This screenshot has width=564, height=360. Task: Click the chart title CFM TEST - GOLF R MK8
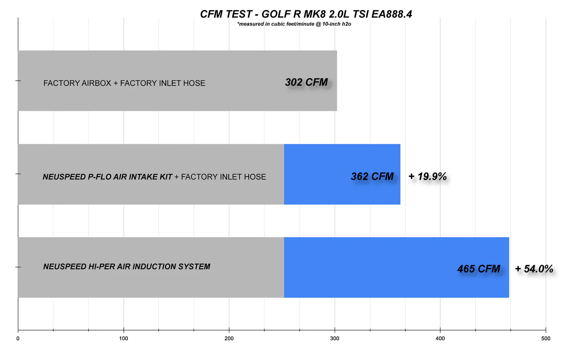coord(306,14)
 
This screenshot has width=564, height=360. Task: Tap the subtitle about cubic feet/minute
coord(294,24)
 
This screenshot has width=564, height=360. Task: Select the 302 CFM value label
coord(306,82)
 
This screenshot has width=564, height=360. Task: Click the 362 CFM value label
coord(372,176)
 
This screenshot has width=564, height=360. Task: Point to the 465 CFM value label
coord(478,269)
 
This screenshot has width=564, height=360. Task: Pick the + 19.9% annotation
coord(428,176)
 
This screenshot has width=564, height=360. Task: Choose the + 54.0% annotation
coord(534,269)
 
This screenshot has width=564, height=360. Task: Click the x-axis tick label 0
coord(18,338)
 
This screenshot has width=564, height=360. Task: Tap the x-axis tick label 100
coord(123,338)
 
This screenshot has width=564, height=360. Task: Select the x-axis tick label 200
coord(229,338)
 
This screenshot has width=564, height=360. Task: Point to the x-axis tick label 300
coord(335,338)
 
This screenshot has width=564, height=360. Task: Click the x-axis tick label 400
coord(440,338)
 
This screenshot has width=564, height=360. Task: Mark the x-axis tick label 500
coord(546,338)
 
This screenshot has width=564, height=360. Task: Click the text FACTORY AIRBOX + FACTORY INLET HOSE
coord(124,83)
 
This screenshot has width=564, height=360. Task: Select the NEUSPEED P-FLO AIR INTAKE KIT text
coord(107,177)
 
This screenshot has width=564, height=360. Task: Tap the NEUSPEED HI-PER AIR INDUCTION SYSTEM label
coord(126,267)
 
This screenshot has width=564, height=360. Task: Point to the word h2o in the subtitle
coord(347,24)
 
